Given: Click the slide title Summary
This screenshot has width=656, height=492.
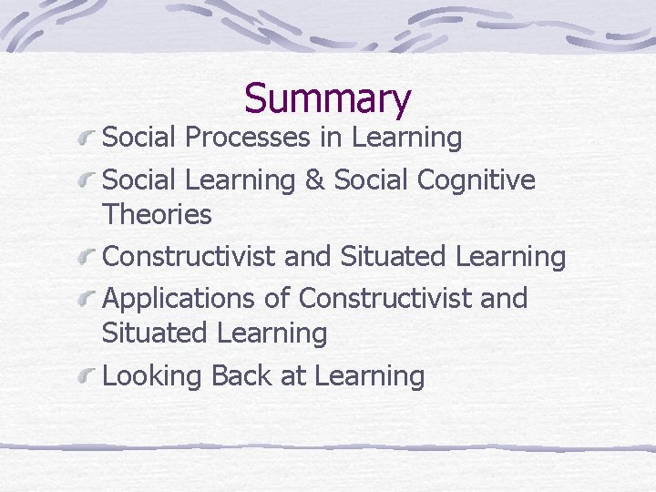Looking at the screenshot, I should pyautogui.click(x=328, y=98).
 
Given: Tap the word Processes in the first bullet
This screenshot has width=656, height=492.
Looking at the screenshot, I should pyautogui.click(x=244, y=138).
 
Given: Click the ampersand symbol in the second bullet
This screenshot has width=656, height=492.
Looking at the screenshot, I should pyautogui.click(x=314, y=180).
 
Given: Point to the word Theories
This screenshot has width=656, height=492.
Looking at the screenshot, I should pyautogui.click(x=157, y=216).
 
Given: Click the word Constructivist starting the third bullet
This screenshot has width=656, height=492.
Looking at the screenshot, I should pyautogui.click(x=190, y=258).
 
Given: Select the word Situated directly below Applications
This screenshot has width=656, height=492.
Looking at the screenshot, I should pyautogui.click(x=154, y=333).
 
